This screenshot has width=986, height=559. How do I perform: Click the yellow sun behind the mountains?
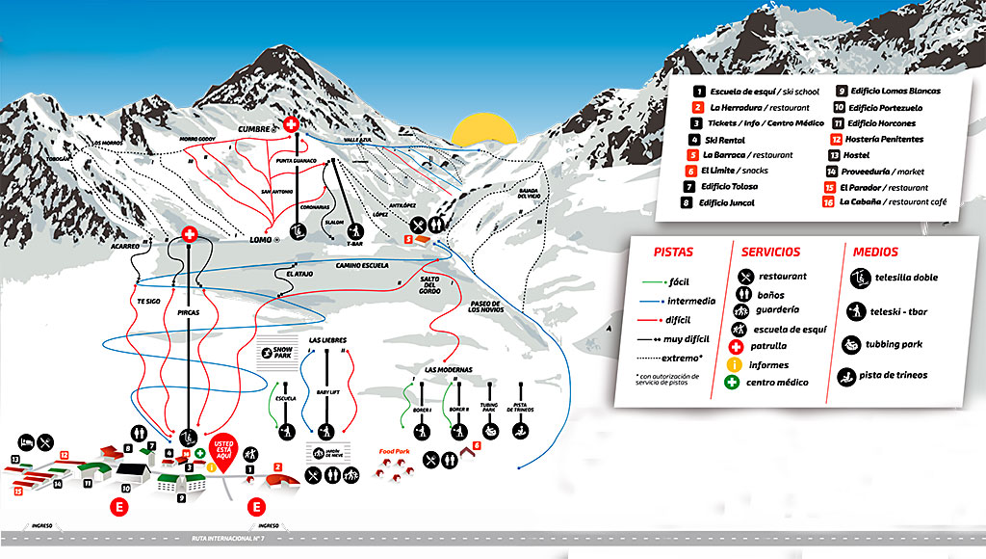coord(479,129)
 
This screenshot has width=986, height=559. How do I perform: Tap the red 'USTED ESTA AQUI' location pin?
coord(223,452)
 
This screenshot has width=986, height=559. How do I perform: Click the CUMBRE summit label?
coord(256,128)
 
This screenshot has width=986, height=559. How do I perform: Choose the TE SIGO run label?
coord(147,302)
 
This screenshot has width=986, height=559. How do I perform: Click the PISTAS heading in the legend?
coord(673,253)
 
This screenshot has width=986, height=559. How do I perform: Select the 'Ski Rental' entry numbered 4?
coord(724,140)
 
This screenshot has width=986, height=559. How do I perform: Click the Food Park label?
coord(395,450)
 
